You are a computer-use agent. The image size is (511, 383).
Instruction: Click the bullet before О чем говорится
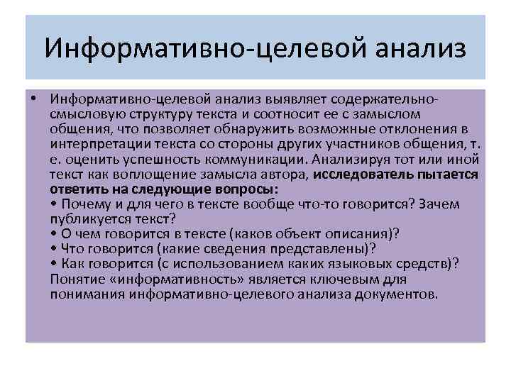(54, 234)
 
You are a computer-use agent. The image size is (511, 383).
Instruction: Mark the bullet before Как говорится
(54, 265)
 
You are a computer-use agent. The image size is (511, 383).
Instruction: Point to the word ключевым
(368, 279)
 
